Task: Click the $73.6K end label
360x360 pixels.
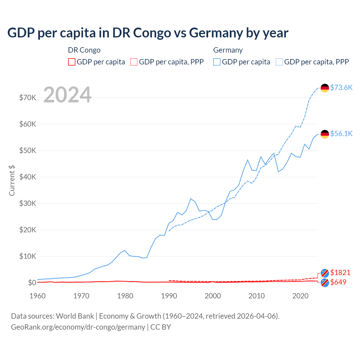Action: (x=341, y=87)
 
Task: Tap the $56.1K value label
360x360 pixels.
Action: (x=341, y=134)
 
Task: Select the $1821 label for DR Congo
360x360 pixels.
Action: (x=340, y=273)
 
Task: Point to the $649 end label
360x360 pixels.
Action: (x=338, y=282)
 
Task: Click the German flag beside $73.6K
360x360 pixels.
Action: (x=325, y=88)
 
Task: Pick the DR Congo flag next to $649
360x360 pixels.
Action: (x=325, y=283)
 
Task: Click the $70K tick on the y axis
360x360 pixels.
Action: (x=28, y=98)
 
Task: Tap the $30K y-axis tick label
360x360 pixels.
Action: (x=28, y=203)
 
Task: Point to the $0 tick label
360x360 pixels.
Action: (x=32, y=283)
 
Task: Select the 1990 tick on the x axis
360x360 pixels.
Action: (x=169, y=296)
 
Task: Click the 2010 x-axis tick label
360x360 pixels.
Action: (x=256, y=296)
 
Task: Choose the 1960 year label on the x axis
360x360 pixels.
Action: (x=38, y=296)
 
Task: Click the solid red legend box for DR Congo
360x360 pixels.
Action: (x=72, y=62)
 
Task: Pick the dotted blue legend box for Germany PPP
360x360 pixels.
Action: (x=279, y=62)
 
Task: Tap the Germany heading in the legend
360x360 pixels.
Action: (x=228, y=50)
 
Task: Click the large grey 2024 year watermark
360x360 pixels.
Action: (x=67, y=95)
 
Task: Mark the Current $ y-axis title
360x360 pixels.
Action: (x=12, y=181)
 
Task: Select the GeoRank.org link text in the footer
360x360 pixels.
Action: (x=78, y=327)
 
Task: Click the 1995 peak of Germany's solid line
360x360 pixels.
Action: (x=191, y=199)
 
